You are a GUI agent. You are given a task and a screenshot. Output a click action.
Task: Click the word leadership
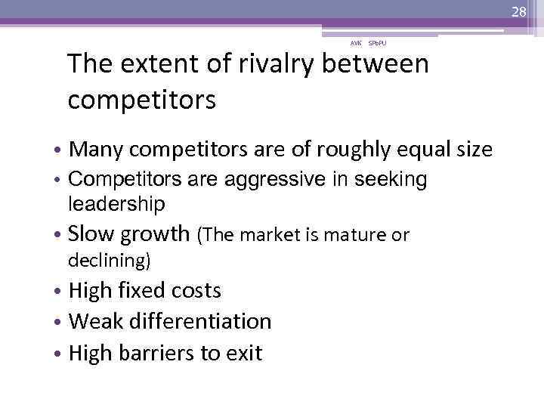pyautogui.click(x=116, y=203)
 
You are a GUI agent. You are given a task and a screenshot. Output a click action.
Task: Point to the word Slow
pyautogui.click(x=90, y=235)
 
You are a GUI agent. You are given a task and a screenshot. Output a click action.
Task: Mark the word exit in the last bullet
pyautogui.click(x=243, y=353)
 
